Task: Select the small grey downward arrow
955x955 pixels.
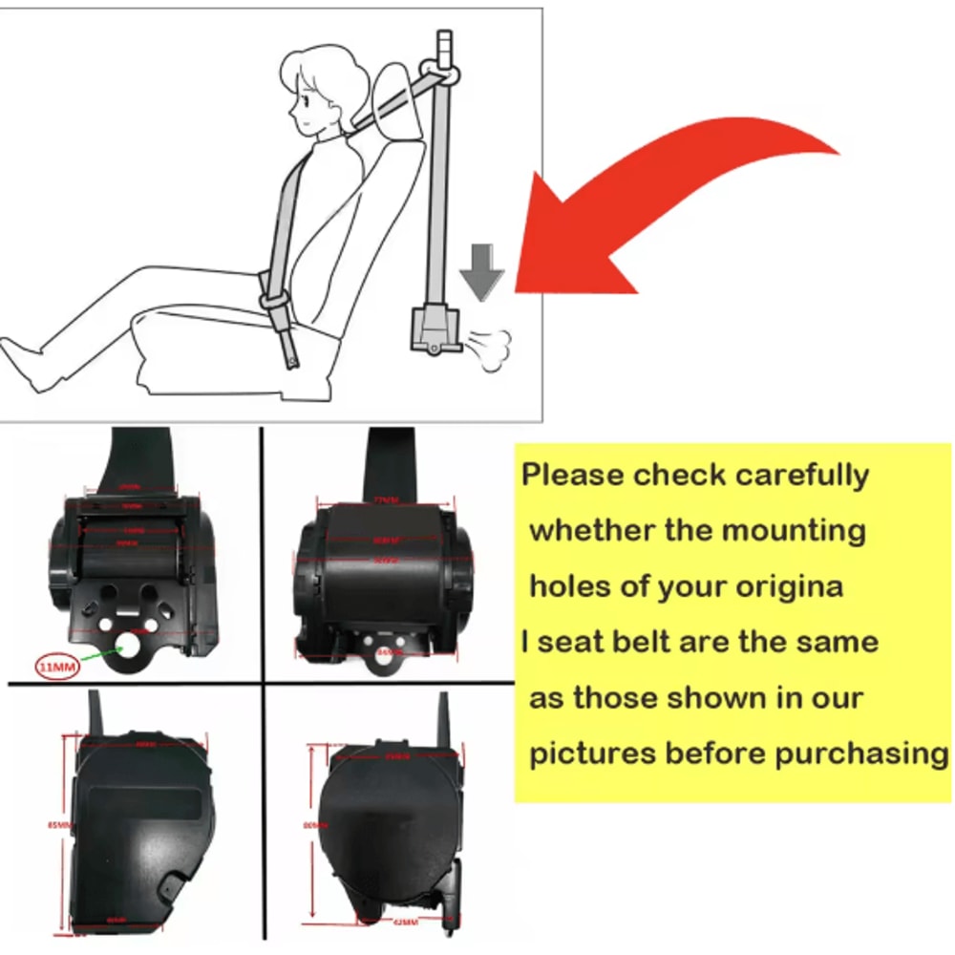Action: pyautogui.click(x=481, y=270)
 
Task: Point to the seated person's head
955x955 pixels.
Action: pyautogui.click(x=320, y=91)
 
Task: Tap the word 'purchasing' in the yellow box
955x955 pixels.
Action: pyautogui.click(x=859, y=753)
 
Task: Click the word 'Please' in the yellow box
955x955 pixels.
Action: pyautogui.click(x=573, y=475)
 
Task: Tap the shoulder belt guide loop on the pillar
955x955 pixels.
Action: pyautogui.click(x=444, y=74)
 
